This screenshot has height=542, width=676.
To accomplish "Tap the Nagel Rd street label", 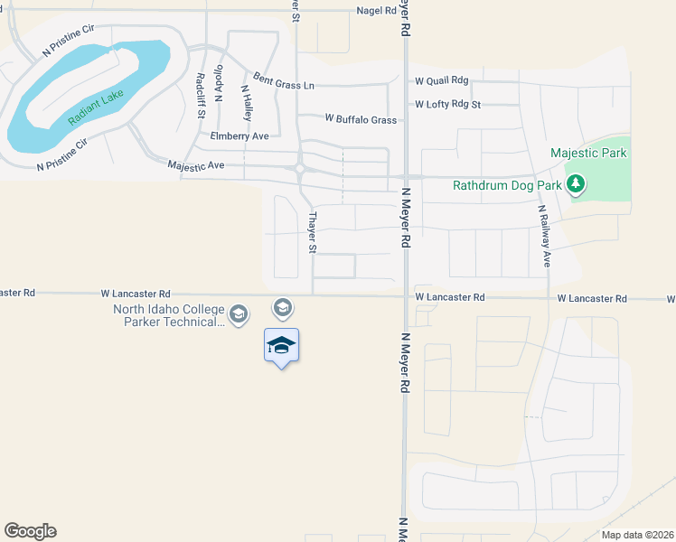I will (377, 11).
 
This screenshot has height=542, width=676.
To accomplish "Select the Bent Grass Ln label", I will (284, 81).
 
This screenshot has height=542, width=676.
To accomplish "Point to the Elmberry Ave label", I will (239, 136).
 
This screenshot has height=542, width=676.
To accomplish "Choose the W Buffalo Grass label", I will (361, 119).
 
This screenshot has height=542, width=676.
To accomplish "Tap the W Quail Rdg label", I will (442, 80).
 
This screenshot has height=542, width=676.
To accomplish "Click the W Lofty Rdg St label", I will (448, 104).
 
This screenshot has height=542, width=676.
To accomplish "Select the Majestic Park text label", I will (588, 153).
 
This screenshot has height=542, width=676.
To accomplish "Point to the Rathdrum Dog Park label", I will (507, 187).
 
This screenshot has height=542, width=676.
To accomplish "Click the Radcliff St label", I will (201, 94).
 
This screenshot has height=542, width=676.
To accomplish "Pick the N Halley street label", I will (246, 104).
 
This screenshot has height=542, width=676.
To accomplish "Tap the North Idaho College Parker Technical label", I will (168, 315).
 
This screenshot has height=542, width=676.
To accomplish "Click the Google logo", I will (30, 531).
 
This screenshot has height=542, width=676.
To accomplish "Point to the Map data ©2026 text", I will (636, 535).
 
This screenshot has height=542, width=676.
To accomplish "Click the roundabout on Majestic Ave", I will (298, 167).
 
